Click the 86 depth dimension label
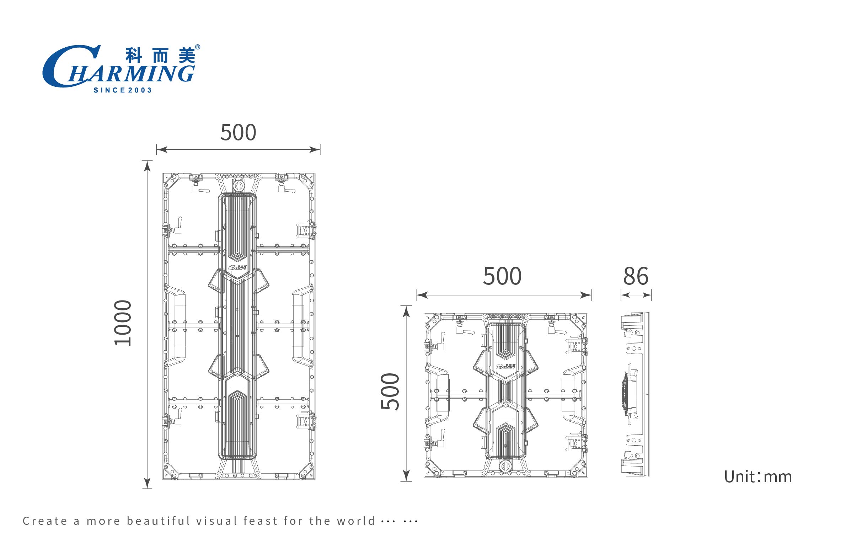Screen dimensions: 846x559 (x=636, y=276)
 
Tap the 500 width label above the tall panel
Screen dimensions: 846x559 (x=239, y=132)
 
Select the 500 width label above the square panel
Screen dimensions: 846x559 (x=503, y=276)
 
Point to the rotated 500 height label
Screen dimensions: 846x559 (x=390, y=391)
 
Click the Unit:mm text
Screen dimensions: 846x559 (x=758, y=477)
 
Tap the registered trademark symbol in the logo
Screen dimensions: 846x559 (x=198, y=47)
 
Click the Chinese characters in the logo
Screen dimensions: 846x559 (x=160, y=55)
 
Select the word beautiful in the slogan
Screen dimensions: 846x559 (x=159, y=521)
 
